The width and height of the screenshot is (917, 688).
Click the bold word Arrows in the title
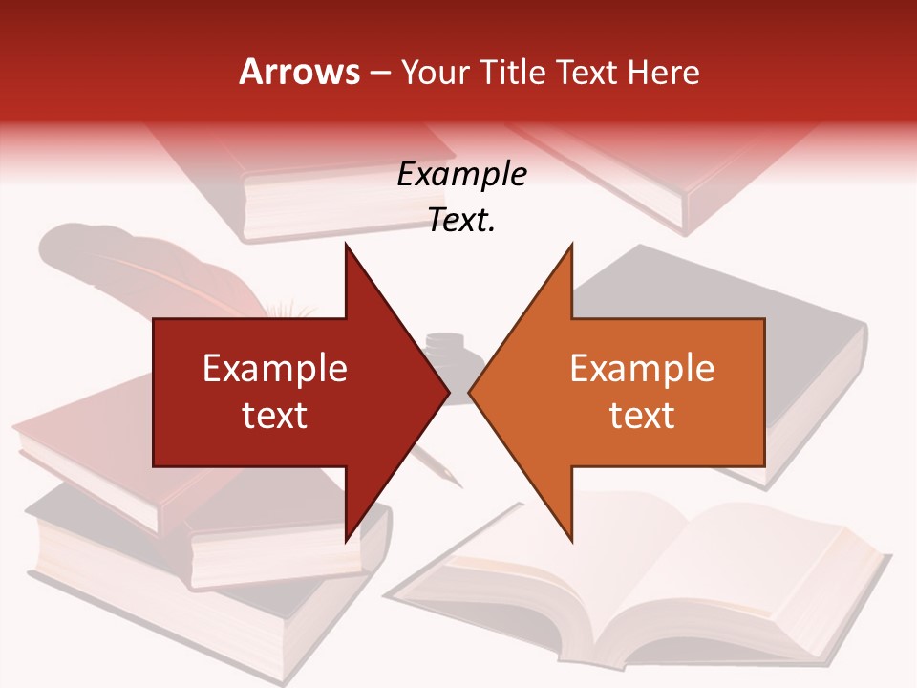(299, 72)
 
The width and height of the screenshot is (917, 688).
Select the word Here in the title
(663, 72)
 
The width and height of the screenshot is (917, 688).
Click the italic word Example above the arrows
(461, 175)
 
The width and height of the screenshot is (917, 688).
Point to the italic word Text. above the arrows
(461, 221)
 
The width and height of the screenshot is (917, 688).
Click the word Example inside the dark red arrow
(275, 368)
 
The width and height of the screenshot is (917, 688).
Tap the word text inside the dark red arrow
(275, 415)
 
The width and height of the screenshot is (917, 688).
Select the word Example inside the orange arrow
(642, 368)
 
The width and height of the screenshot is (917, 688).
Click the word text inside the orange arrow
(642, 415)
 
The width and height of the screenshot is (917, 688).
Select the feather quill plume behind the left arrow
(143, 268)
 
